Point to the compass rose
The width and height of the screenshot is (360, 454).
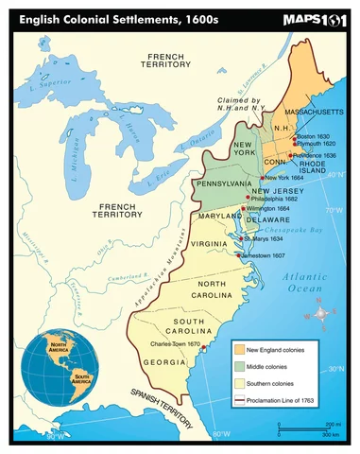321,312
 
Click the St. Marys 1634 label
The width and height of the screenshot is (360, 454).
264,239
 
